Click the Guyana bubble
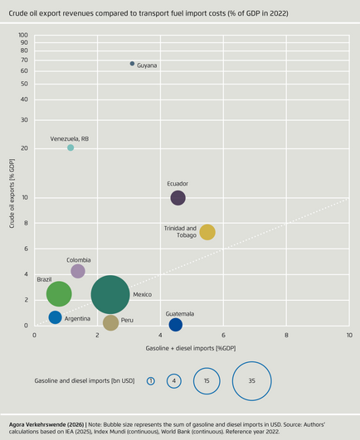coord(132,64)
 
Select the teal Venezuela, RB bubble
coord(71,147)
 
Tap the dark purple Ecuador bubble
coord(178,198)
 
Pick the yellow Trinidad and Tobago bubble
coord(207,232)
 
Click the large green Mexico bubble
coord(110,295)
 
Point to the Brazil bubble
coord(59,294)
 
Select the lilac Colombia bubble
coord(78,271)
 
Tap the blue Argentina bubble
coord(55,317)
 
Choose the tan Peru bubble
coord(110,322)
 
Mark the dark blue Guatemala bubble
coord(176,325)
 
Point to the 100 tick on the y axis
coord(23,35)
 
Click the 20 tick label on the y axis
coord(24,148)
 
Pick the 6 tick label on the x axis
coord(223,335)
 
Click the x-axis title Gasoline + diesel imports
coord(191,348)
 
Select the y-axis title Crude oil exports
coord(12,193)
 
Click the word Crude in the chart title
coord(17,13)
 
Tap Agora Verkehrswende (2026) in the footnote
coord(46,424)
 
